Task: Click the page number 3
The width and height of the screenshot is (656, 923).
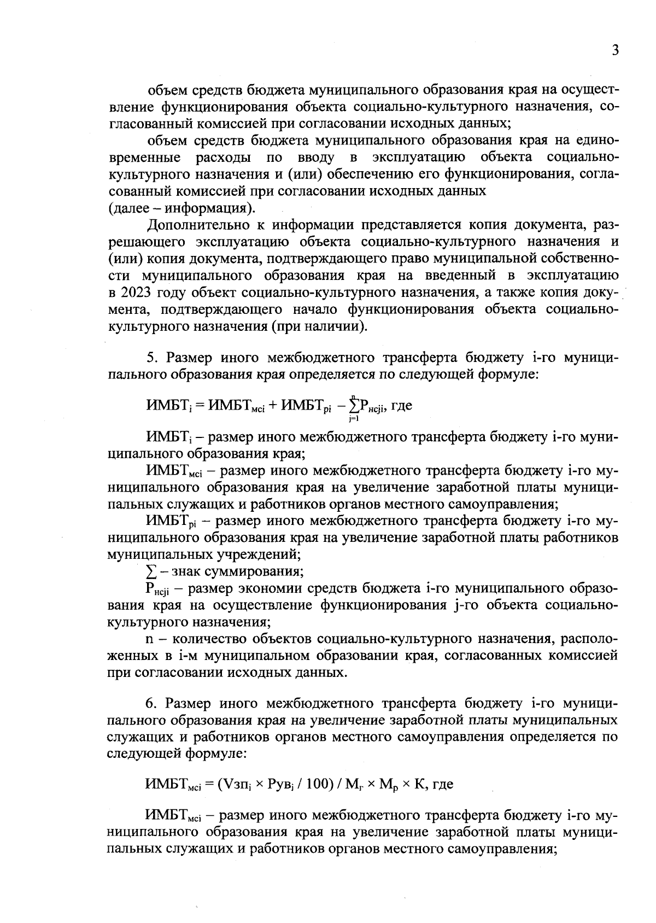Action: pos(615,51)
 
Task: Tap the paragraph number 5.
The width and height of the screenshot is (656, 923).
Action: pos(151,358)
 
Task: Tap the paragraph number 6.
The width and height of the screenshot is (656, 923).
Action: pos(151,702)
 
